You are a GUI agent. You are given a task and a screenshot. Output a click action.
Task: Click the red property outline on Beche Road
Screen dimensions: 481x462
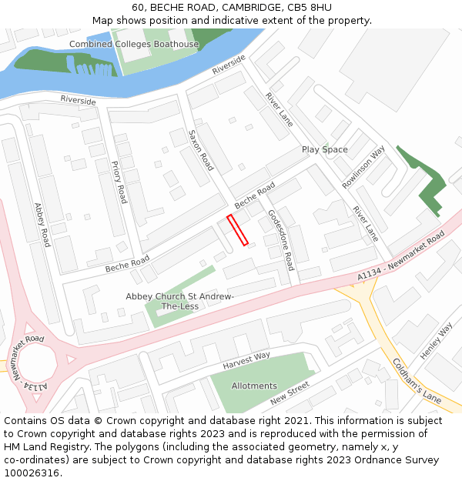pyautogui.click(x=237, y=231)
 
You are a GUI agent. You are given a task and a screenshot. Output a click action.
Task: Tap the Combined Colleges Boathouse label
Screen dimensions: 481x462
pyautogui.click(x=134, y=44)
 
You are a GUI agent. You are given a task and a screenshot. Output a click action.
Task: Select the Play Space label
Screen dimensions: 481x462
pyautogui.click(x=324, y=149)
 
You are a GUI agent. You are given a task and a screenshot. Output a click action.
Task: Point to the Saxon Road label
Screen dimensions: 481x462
pyautogui.click(x=201, y=150)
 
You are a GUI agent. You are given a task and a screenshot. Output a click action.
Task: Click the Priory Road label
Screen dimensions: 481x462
pyautogui.click(x=119, y=182)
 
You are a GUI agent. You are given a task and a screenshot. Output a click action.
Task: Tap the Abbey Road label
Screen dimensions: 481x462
pyautogui.click(x=42, y=224)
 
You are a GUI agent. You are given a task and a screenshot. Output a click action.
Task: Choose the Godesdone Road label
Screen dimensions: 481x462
pyautogui.click(x=281, y=239)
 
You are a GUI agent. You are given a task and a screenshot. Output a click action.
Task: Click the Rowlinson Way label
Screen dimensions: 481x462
pyautogui.click(x=363, y=167)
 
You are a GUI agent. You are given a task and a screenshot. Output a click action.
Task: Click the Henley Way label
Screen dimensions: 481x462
pyautogui.click(x=436, y=341)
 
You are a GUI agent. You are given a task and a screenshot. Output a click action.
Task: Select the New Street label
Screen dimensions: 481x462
pyautogui.click(x=290, y=392)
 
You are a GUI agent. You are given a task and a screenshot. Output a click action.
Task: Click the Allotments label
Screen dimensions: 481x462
pyautogui.click(x=253, y=386)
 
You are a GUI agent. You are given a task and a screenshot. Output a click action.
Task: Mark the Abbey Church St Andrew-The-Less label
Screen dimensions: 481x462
pyautogui.click(x=179, y=301)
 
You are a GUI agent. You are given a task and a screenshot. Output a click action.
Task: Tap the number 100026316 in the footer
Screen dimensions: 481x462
pyautogui.click(x=32, y=473)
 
